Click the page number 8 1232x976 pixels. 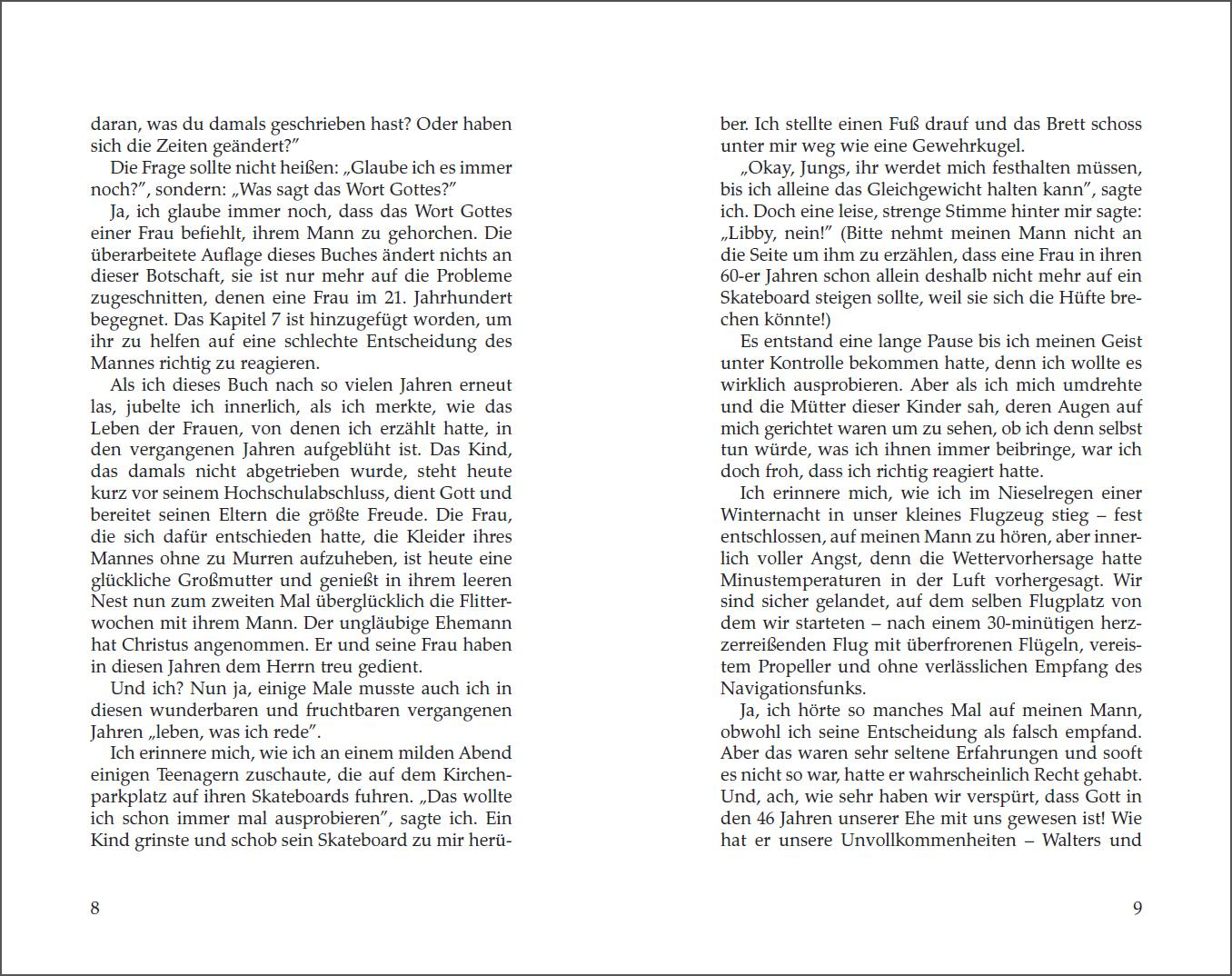click(95, 908)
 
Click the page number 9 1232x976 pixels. click(1137, 908)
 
